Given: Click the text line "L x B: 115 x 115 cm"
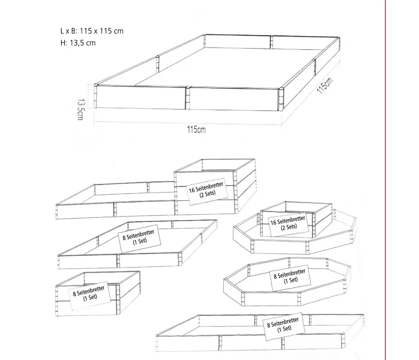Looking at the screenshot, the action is pyautogui.click(x=92, y=31).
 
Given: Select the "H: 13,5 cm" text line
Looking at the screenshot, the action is pyautogui.click(x=78, y=43).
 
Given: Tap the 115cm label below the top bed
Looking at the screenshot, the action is pyautogui.click(x=196, y=130).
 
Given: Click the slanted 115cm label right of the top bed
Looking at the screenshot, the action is pyautogui.click(x=325, y=86).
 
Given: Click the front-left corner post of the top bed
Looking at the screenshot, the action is pyautogui.click(x=95, y=96).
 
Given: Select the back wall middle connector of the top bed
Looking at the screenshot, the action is pyautogui.click(x=271, y=42).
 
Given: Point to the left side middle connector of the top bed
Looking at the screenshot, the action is pyautogui.click(x=158, y=63).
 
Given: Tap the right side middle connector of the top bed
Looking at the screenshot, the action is pyautogui.click(x=315, y=67).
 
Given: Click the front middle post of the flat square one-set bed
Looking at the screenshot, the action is pyautogui.click(x=118, y=261).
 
